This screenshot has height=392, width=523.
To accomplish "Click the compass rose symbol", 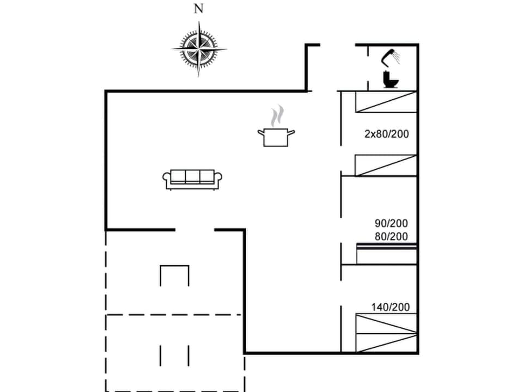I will [199, 49].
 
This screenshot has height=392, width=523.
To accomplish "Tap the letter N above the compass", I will [199, 9].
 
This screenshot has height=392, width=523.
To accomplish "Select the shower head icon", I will [390, 56].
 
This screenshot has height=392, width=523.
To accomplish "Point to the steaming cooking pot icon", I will [276, 136].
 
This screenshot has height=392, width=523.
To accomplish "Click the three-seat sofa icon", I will [192, 179].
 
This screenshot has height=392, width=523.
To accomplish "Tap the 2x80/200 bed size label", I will [386, 133].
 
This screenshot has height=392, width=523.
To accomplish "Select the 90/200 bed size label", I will [391, 223].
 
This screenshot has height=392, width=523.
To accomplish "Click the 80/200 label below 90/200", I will [391, 236].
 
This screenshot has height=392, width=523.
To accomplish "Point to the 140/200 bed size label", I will [391, 308].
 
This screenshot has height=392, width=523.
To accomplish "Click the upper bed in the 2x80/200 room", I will [386, 102].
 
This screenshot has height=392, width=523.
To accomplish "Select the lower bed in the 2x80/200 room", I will [386, 166].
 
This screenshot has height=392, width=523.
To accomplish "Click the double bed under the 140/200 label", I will [386, 333].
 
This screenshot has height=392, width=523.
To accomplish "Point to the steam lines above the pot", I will [277, 116].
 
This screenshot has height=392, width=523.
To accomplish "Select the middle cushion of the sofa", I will [192, 176].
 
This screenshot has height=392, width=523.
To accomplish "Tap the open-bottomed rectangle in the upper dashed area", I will [174, 275].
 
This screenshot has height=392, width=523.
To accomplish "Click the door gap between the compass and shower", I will [337, 45].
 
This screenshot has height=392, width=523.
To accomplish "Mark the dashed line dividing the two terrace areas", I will [174, 315].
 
